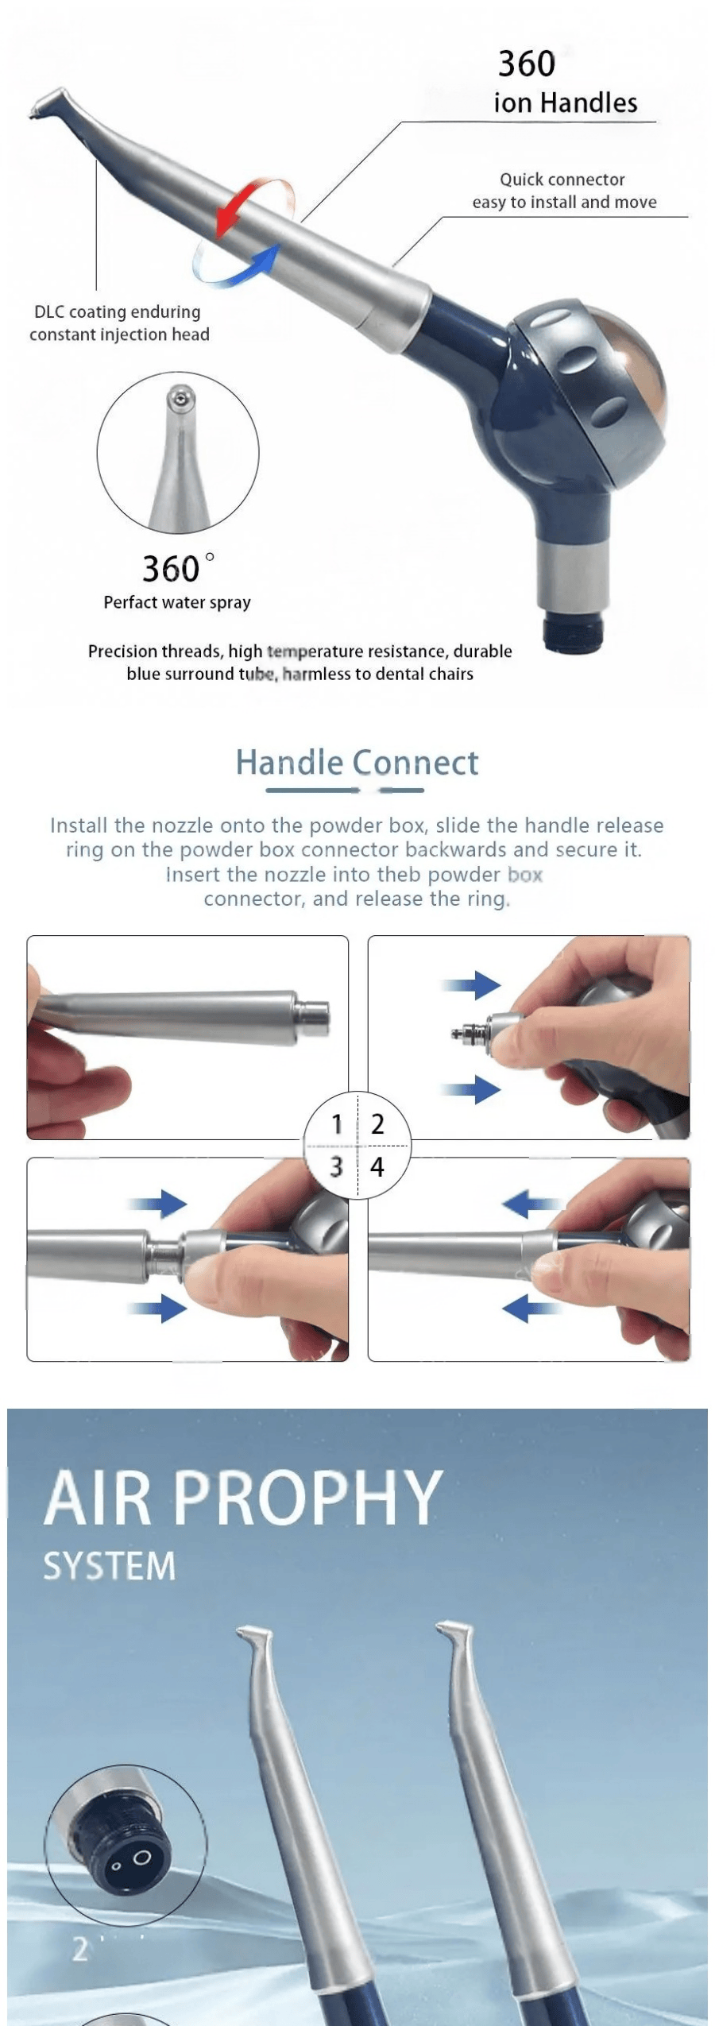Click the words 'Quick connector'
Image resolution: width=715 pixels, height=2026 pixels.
[562, 180]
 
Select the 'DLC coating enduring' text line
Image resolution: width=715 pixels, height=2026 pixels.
[118, 311]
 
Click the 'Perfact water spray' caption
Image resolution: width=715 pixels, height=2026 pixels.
[177, 602]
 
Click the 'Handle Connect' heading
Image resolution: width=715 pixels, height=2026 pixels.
[357, 763]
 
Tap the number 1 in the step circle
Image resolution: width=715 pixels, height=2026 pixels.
[337, 1124]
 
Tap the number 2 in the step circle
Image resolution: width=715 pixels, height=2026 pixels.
[377, 1124]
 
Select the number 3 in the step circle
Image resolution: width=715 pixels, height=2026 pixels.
[337, 1166]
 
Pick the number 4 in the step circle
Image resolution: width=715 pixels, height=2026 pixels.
[377, 1166]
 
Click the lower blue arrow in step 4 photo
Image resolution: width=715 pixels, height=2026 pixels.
[528, 1307]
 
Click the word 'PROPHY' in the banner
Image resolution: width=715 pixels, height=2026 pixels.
[307, 1498]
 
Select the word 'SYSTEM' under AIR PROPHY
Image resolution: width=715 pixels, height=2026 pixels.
[110, 1566]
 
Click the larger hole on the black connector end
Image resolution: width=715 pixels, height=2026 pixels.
[141, 1857]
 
